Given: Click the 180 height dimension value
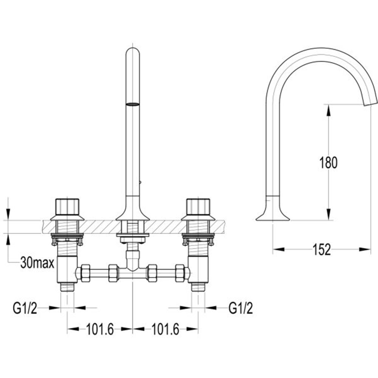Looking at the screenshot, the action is pyautogui.click(x=328, y=163).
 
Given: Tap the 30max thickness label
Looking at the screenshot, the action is pyautogui.click(x=37, y=263).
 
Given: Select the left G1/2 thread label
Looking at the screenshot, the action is pyautogui.click(x=25, y=308).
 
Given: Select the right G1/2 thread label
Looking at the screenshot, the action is pyautogui.click(x=240, y=308).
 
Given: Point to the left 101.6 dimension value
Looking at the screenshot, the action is pyautogui.click(x=100, y=329).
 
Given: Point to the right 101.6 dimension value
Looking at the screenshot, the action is pyautogui.click(x=165, y=329).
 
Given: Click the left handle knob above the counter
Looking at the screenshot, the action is pyautogui.click(x=67, y=207).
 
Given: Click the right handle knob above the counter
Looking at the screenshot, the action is pyautogui.click(x=198, y=207).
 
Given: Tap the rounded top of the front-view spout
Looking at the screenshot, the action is pyautogui.click(x=133, y=52).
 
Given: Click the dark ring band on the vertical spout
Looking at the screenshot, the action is pyautogui.click(x=133, y=104).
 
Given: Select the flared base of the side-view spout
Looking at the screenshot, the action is pyautogui.click(x=273, y=212).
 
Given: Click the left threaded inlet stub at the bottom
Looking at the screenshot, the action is pyautogui.click(x=67, y=287).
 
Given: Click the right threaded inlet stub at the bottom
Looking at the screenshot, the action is pyautogui.click(x=198, y=287).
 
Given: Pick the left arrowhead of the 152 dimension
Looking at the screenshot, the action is pyautogui.click(x=279, y=249).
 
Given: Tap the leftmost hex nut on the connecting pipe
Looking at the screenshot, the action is pyautogui.click(x=86, y=273).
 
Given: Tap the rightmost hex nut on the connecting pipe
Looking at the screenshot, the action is pyautogui.click(x=180, y=273).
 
